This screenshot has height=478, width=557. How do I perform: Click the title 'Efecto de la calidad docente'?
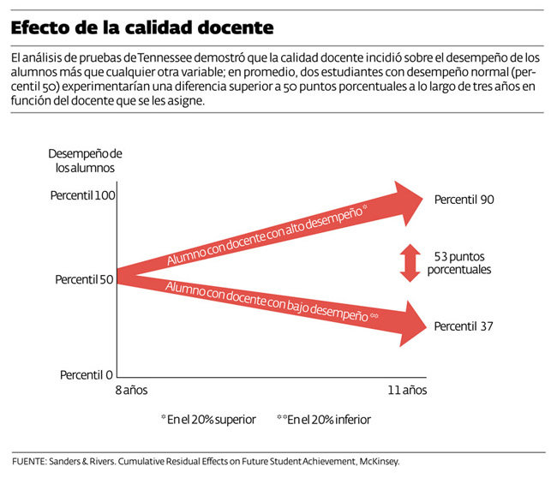coord(142,27)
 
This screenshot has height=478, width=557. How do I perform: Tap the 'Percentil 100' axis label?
coord(82,196)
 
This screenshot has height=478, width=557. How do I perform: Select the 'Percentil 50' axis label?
coord(84,279)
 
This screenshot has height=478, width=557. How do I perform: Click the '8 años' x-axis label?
coord(131,390)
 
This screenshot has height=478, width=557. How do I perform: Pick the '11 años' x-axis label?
coord(406,390)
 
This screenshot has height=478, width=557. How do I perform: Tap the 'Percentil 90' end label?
coord(464,200)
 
